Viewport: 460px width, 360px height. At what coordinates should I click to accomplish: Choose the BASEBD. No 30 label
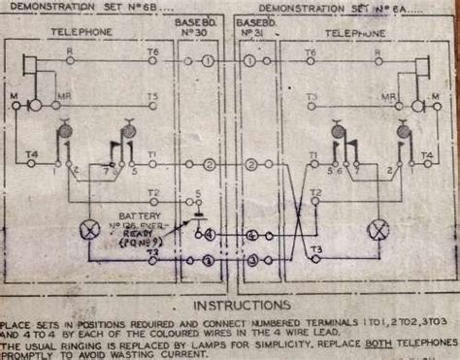coord(194,27)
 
